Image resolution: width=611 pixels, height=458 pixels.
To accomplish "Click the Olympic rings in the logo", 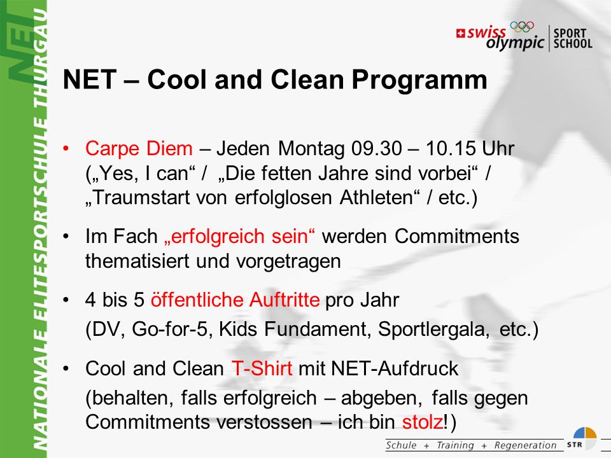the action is pyautogui.click(x=522, y=27).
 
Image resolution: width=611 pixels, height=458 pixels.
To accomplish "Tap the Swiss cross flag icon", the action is pyautogui.click(x=461, y=34).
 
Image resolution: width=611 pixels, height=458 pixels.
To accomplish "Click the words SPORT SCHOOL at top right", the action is pyautogui.click(x=573, y=38).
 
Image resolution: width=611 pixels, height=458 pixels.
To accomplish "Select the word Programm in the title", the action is pyautogui.click(x=419, y=80).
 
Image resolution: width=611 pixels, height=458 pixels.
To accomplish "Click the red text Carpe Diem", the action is pyautogui.click(x=139, y=148).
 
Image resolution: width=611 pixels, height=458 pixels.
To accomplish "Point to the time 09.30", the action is pyautogui.click(x=376, y=148).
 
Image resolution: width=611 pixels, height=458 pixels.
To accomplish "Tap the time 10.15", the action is pyautogui.click(x=451, y=148).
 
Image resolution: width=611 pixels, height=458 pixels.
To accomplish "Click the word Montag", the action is pyautogui.click(x=311, y=149).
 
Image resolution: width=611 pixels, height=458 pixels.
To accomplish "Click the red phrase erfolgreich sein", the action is pyautogui.click(x=239, y=237).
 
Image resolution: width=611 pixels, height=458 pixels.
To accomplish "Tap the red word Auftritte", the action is pyautogui.click(x=284, y=300).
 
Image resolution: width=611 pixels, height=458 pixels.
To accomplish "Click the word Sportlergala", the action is pyautogui.click(x=433, y=330).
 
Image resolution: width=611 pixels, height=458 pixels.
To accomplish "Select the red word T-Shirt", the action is pyautogui.click(x=262, y=368).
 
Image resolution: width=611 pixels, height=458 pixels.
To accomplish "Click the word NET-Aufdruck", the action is pyautogui.click(x=395, y=368).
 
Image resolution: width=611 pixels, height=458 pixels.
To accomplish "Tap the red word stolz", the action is pyautogui.click(x=423, y=422).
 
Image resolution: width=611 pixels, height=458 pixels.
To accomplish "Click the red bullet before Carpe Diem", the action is pyautogui.click(x=66, y=148).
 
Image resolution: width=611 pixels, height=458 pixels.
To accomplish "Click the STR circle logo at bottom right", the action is pyautogui.click(x=584, y=439).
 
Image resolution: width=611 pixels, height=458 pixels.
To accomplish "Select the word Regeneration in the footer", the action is pyautogui.click(x=525, y=445).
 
